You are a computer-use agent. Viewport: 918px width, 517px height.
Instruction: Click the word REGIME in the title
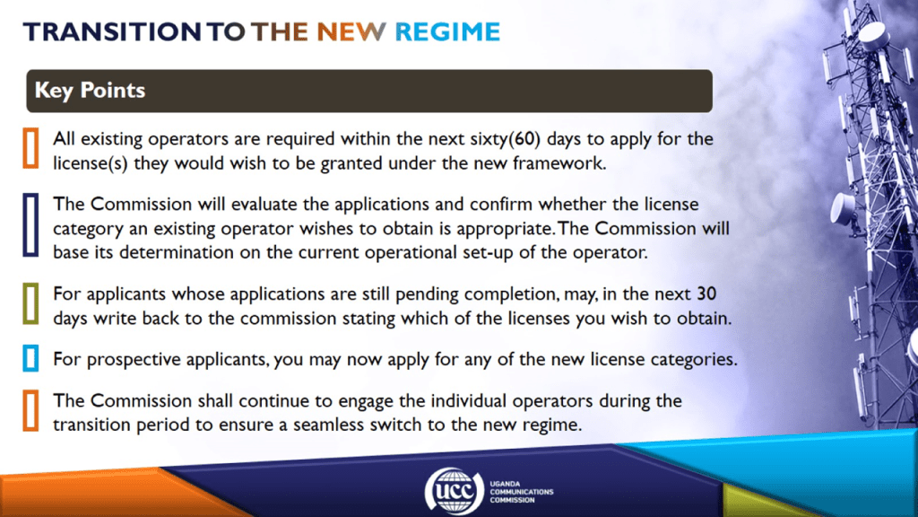(x=447, y=31)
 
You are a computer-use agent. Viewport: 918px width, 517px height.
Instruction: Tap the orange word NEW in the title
(x=351, y=31)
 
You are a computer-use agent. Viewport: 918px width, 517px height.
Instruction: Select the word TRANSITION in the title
(x=112, y=31)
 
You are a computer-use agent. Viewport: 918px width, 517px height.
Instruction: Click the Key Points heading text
(x=90, y=91)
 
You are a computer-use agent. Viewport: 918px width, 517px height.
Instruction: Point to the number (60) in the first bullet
(x=524, y=139)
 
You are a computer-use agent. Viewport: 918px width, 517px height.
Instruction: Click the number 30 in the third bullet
(x=706, y=294)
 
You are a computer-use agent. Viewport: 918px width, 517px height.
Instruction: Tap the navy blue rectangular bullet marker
(x=31, y=225)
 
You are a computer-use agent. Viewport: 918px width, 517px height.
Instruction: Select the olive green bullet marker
(x=31, y=304)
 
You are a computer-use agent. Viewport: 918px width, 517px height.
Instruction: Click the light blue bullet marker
(x=31, y=358)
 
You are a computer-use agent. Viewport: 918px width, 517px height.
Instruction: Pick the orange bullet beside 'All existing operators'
(x=31, y=148)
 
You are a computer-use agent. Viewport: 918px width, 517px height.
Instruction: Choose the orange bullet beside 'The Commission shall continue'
(x=31, y=411)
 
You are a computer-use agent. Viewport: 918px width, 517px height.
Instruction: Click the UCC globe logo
(x=455, y=491)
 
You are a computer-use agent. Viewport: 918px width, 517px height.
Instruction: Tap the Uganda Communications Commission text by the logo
(x=521, y=492)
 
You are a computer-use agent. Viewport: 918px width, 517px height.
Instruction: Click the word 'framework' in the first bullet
(x=559, y=163)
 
